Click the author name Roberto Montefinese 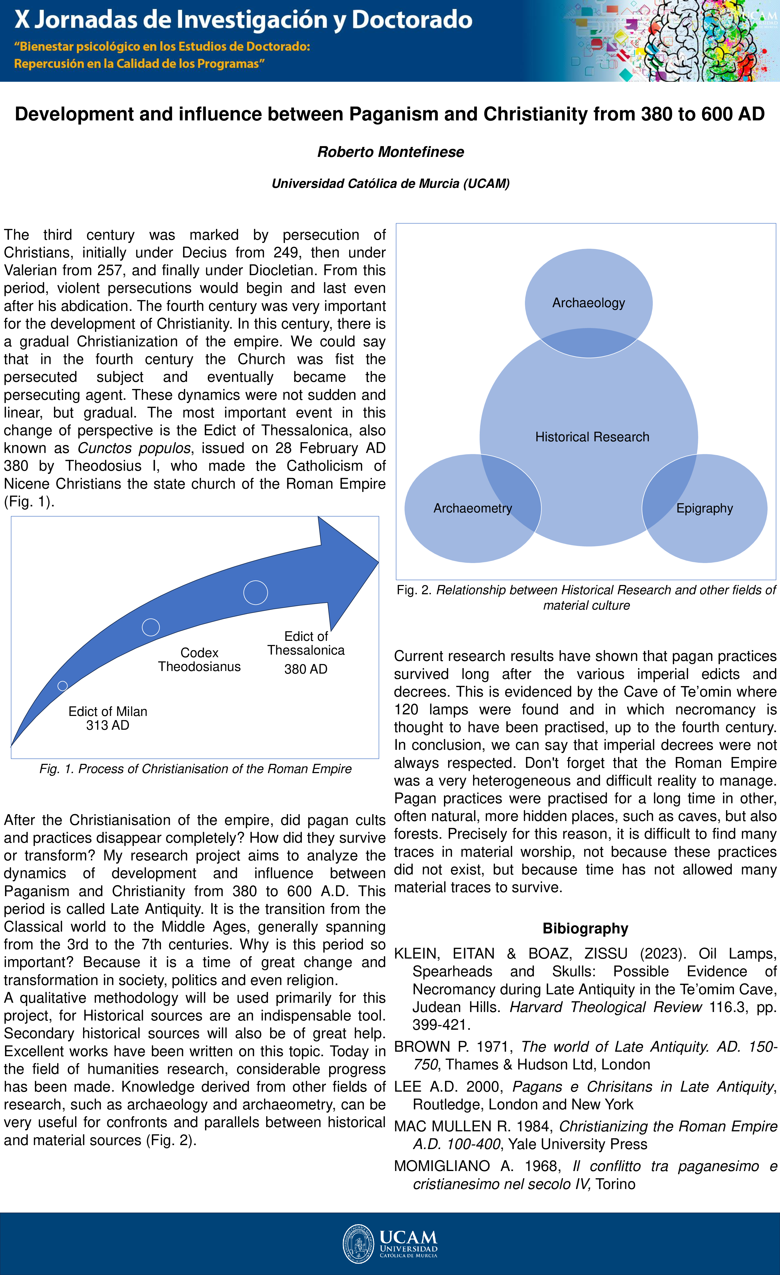coord(390,152)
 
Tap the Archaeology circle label coord(588,303)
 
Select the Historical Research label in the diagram coord(592,437)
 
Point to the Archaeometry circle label coord(472,508)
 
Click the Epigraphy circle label coord(704,508)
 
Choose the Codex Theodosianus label coord(199,659)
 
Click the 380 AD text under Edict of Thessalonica coord(305,669)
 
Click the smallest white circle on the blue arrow coord(63,686)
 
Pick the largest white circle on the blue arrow coord(255,592)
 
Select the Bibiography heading coord(585,928)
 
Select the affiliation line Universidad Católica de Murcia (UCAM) coord(390,184)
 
